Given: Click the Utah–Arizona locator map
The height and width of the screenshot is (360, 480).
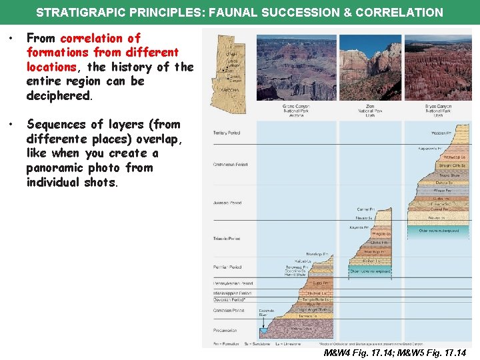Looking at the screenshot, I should click(228, 73).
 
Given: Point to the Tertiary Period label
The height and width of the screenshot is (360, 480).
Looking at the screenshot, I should click(227, 133).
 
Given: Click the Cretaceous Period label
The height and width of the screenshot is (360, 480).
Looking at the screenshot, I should click(230, 164).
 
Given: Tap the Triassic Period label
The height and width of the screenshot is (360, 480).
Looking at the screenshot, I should click(227, 239).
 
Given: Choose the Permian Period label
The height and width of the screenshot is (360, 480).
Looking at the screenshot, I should click(227, 267).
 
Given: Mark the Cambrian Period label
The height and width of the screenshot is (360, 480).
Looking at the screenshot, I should click(228, 310).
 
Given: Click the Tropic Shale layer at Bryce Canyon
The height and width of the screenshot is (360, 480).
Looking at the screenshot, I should click(449, 175).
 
